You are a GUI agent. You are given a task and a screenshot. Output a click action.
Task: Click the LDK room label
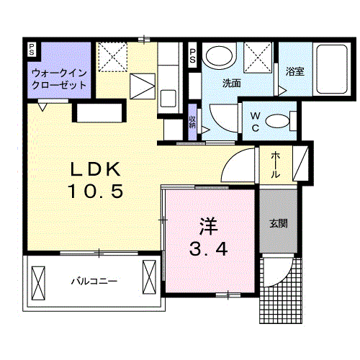[x=99, y=170]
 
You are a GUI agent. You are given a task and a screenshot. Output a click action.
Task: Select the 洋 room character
[x=208, y=225]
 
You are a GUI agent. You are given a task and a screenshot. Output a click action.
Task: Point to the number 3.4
[x=208, y=249]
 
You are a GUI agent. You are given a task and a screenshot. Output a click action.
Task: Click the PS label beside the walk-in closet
[x=31, y=49]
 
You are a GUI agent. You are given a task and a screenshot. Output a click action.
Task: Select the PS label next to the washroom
[x=192, y=56]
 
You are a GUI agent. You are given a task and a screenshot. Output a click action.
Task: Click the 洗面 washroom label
[x=231, y=82]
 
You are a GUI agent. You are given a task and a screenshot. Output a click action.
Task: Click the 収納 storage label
[x=192, y=120]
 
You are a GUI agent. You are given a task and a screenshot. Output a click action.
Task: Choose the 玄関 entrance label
[x=279, y=223]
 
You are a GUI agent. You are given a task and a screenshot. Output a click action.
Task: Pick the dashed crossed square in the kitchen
[x=112, y=55]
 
